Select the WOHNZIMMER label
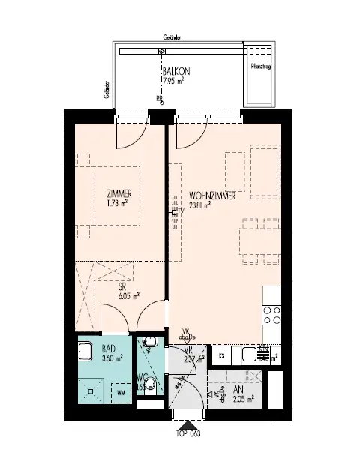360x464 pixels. point(213,194)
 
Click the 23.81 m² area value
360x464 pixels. point(199,203)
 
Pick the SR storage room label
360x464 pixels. point(121,286)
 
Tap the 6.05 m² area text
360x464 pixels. point(120,295)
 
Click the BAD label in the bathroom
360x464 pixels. point(106,347)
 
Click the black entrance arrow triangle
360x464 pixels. point(186,424)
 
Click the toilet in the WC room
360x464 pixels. point(151,386)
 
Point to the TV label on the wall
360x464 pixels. point(179,211)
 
